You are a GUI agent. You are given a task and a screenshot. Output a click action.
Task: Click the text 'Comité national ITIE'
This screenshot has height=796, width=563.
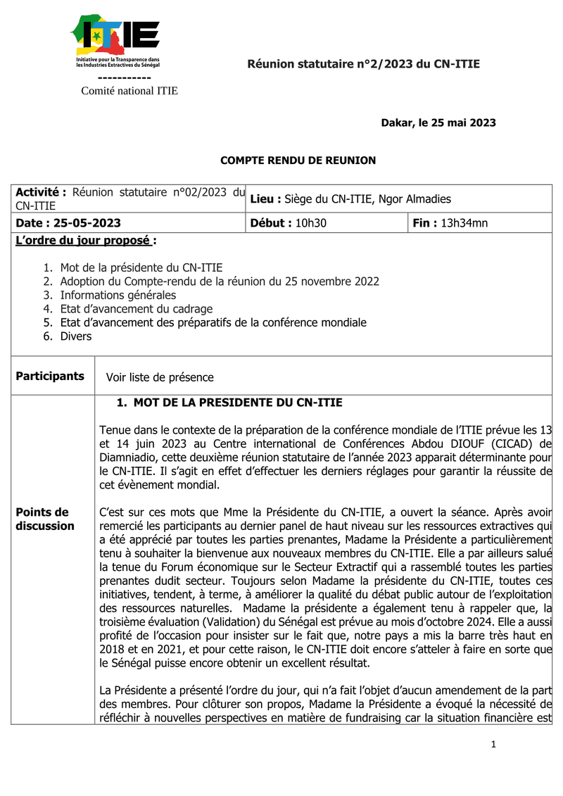(x=129, y=91)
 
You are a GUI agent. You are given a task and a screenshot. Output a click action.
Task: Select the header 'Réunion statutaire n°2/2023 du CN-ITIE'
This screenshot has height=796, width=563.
(x=363, y=65)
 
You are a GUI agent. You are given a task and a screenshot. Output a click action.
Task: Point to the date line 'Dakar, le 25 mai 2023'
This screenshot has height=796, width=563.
(x=438, y=123)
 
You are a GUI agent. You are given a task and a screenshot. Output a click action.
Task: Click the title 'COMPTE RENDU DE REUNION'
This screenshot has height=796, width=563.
(x=298, y=160)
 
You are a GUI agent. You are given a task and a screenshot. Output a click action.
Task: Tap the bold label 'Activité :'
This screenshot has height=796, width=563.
(x=41, y=193)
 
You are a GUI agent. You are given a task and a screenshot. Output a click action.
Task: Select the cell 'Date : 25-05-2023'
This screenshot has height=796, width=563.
(x=68, y=223)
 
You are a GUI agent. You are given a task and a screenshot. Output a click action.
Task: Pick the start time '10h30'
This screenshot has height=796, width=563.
(x=310, y=223)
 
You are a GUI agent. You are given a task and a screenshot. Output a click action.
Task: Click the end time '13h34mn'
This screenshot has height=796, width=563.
(x=464, y=223)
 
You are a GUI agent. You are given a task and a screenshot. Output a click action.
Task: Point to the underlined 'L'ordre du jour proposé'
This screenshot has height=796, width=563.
(x=83, y=241)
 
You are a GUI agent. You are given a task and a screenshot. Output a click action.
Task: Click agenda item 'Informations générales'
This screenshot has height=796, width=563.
(x=118, y=295)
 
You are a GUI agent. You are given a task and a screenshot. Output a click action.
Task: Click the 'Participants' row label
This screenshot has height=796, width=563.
(x=50, y=377)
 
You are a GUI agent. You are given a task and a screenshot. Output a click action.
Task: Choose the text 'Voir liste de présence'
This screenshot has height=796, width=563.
(x=160, y=377)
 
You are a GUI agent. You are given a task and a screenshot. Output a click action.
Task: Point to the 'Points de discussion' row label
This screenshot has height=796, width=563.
(x=45, y=519)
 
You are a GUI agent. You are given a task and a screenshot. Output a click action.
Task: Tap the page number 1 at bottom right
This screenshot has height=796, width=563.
(x=493, y=745)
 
